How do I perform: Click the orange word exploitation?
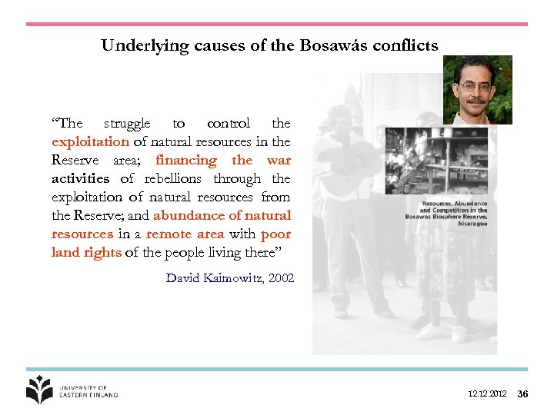[x=90, y=141]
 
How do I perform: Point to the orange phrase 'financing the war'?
[x=222, y=160]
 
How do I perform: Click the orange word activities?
[x=80, y=178]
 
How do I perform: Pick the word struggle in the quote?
[x=127, y=123]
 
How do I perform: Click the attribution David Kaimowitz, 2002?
[x=229, y=277]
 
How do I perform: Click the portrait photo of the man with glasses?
[x=478, y=90]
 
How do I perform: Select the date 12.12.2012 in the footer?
[x=487, y=394]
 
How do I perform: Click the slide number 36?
[x=522, y=394]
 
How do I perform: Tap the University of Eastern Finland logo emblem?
[x=39, y=390]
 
